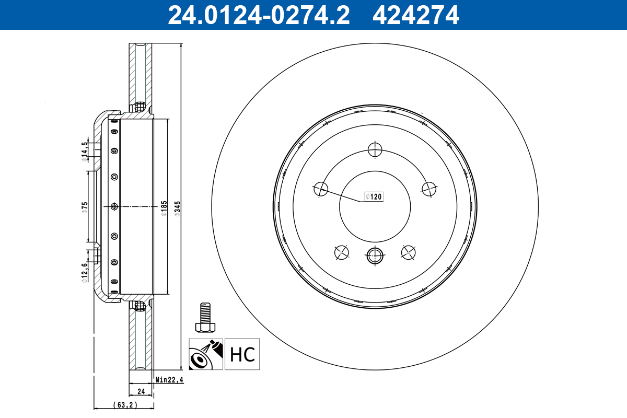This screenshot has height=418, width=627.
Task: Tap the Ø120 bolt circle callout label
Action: tap(374, 197)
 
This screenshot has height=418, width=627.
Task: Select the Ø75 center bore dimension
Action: tap(85, 207)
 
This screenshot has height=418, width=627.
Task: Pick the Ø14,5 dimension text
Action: tap(84, 152)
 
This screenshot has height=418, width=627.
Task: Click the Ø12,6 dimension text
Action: tap(84, 272)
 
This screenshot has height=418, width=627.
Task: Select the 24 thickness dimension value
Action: tap(141, 391)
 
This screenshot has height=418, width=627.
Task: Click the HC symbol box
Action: tap(242, 354)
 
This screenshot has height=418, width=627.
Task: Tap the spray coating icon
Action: tap(206, 354)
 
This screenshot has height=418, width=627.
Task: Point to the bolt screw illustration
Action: tap(206, 318)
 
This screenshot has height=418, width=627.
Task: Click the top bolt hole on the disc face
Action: tap(375, 150)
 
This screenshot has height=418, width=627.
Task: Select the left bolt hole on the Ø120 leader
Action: tap(320, 189)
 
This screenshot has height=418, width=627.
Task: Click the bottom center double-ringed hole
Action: tap(375, 256)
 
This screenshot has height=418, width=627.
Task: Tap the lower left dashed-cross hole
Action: tap(341, 252)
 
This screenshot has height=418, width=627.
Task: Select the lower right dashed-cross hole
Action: tap(408, 252)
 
